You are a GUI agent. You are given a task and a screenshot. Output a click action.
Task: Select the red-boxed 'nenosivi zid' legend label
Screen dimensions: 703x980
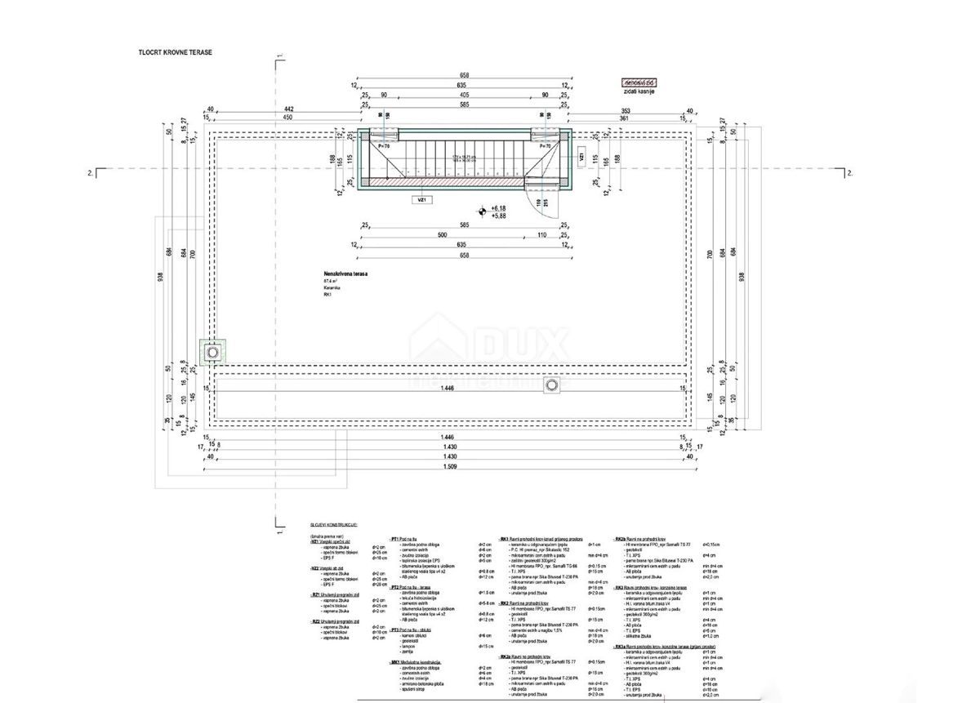[640, 83]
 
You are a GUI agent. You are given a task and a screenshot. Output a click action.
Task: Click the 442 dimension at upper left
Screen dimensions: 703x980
[287, 109]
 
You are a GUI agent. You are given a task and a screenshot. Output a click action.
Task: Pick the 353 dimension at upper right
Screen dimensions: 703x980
[627, 109]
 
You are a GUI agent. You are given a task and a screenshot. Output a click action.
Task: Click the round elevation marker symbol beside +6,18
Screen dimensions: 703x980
[483, 211]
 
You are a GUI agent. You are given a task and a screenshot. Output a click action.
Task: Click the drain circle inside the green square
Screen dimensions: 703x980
[214, 351]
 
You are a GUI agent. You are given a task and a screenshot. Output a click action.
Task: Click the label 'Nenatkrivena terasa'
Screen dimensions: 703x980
[345, 275]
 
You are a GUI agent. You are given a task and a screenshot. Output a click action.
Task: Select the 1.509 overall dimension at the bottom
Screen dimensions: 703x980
[449, 467]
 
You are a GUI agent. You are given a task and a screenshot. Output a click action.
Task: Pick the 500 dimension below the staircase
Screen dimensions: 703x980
[443, 235]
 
